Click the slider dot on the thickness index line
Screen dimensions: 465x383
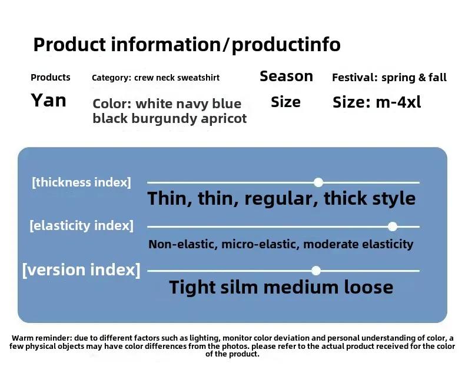point(318,182)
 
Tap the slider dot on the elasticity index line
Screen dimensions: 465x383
point(393,227)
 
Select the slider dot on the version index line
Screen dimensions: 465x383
point(316,271)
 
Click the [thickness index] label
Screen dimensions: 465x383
point(81,182)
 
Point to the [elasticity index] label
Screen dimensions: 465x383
point(81,225)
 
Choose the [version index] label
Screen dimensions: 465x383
point(81,270)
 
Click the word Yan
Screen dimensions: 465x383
point(48,100)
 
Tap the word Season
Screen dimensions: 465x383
point(286,76)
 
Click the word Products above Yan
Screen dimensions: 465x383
point(51,78)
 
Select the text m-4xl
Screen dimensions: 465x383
point(398,102)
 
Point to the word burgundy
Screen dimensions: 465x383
point(164,119)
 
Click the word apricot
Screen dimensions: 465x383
point(224,119)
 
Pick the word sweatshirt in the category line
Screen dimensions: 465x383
point(198,78)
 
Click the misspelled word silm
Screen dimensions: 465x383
point(239,287)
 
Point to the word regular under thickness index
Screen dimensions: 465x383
point(281,198)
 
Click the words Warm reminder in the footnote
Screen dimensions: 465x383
point(42,338)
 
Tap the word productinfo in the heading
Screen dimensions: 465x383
point(286,45)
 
